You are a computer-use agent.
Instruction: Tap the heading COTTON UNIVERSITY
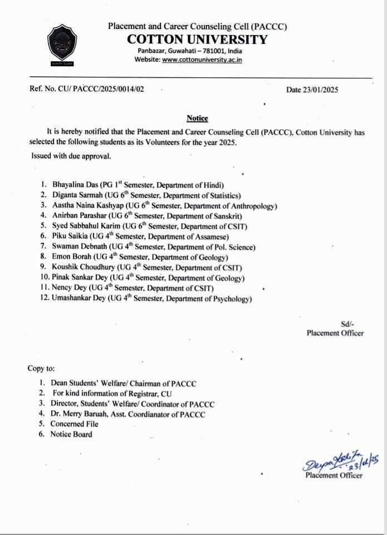pyautogui.click(x=197, y=39)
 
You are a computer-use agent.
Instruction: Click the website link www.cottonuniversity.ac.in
pyautogui.click(x=202, y=60)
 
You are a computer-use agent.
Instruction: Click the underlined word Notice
pyautogui.click(x=197, y=118)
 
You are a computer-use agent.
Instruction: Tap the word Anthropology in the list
pyautogui.click(x=254, y=205)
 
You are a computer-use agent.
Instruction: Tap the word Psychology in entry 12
pyautogui.click(x=233, y=299)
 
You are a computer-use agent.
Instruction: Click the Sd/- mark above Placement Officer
pyautogui.click(x=347, y=323)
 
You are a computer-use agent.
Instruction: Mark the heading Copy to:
pyautogui.click(x=41, y=369)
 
